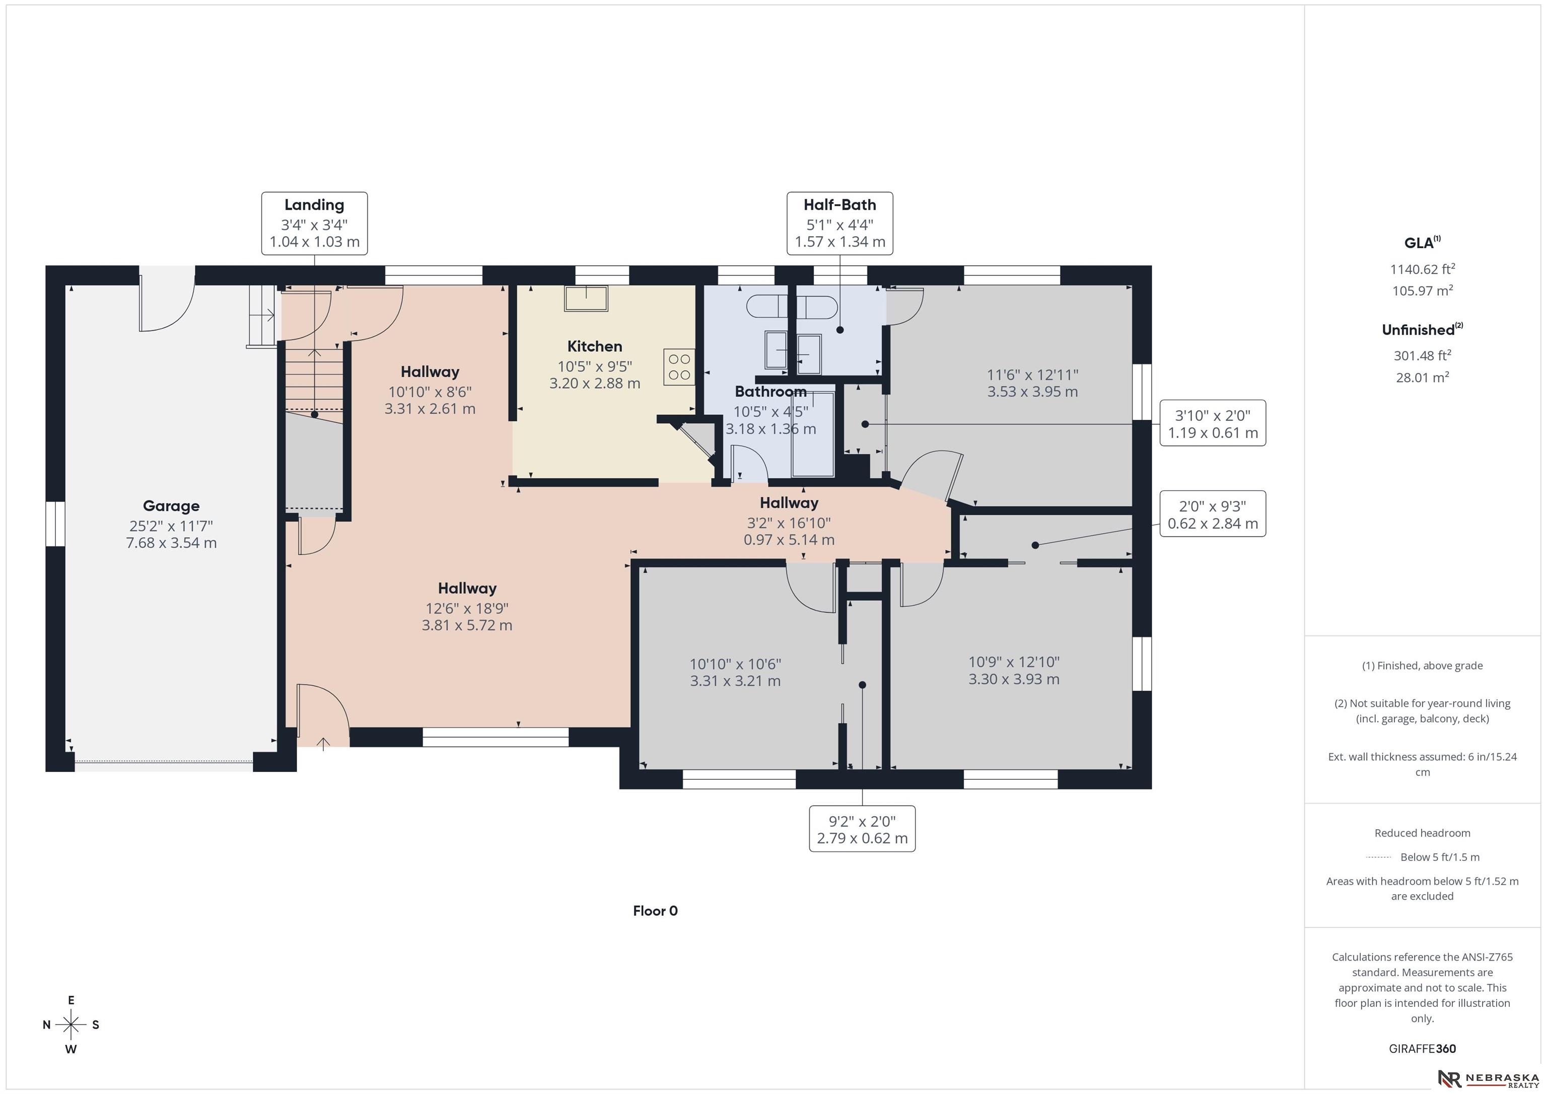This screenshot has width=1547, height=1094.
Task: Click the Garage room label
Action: (171, 506)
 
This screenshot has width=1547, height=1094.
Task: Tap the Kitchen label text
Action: (594, 346)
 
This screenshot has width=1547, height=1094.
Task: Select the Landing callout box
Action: (315, 224)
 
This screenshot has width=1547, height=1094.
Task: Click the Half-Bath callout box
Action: (839, 224)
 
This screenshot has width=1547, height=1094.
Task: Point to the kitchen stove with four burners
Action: (679, 367)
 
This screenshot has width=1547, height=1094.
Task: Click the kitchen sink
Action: (586, 299)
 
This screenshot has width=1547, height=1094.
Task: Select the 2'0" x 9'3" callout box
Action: (1213, 514)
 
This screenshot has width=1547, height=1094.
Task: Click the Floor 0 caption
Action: (655, 911)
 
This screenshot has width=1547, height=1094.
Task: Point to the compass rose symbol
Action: (71, 1025)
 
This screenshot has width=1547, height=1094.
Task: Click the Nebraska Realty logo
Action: (1489, 1078)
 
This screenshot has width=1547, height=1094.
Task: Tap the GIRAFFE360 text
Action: (1422, 1049)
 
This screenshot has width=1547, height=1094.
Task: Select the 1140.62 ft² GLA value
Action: (1422, 269)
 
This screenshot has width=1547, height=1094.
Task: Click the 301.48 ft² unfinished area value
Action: (1422, 355)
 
